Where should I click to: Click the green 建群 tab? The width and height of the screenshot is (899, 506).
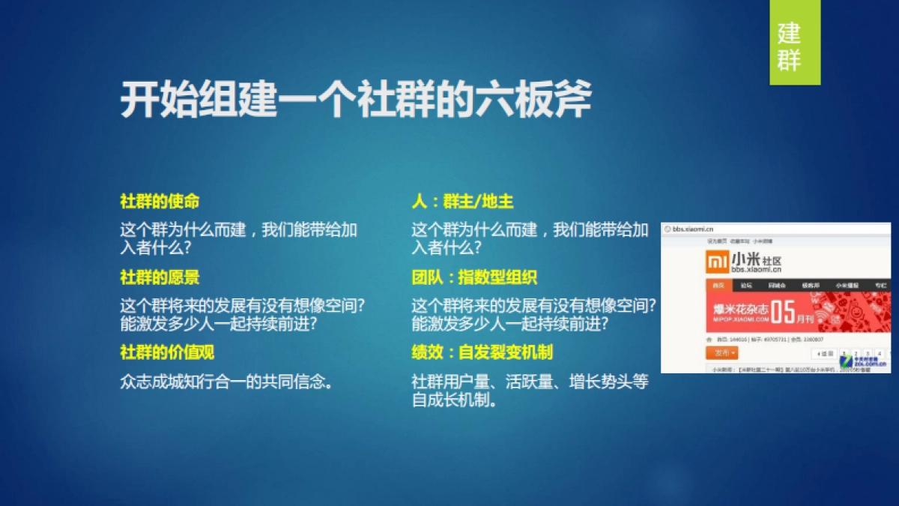(x=794, y=44)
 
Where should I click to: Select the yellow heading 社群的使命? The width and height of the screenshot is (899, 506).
(x=160, y=202)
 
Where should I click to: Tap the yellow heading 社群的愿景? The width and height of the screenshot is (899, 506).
(x=160, y=277)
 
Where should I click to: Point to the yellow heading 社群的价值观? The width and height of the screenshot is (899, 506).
(x=167, y=352)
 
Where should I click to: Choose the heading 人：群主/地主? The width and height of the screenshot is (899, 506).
(x=462, y=202)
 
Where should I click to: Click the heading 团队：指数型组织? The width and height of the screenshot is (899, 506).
(x=474, y=277)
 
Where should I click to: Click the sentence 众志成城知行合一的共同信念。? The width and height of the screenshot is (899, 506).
(x=226, y=381)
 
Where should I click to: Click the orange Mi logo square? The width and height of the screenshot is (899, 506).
(x=717, y=262)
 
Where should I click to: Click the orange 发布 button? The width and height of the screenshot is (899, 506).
(x=721, y=352)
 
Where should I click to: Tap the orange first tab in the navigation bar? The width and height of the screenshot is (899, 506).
(x=718, y=285)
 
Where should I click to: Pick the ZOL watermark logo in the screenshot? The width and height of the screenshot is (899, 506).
(x=877, y=362)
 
